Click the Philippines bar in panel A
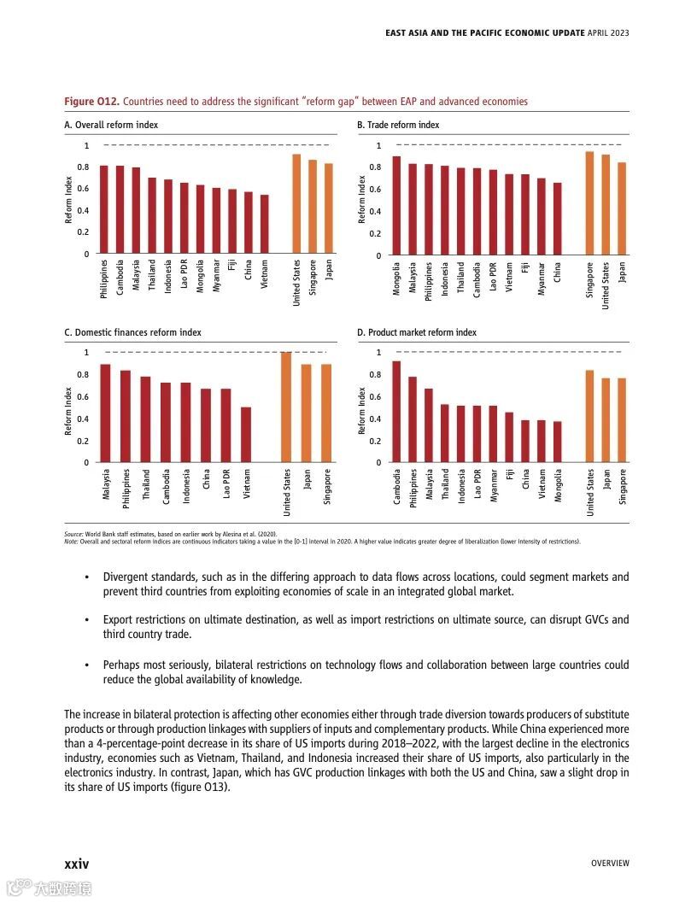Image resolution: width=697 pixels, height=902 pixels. [x=104, y=209]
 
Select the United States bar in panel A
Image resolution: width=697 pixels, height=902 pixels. [x=296, y=204]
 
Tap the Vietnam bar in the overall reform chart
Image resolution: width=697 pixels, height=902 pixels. [x=264, y=224]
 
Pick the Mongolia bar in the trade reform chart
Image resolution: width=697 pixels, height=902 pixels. [x=396, y=206]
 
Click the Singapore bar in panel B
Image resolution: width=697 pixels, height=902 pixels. [x=589, y=203]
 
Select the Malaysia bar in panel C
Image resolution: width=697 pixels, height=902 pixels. [x=105, y=413]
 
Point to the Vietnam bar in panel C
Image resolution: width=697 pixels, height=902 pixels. [x=246, y=435]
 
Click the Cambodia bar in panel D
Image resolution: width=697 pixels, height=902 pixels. [x=396, y=412]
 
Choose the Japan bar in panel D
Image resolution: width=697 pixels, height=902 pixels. [x=606, y=420]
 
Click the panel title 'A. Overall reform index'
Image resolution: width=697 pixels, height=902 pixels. [x=111, y=125]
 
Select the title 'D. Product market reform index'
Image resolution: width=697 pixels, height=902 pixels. [x=417, y=332]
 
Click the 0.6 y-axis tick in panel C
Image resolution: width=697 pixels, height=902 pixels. [x=84, y=397]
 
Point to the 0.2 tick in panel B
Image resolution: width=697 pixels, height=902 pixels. [x=377, y=233]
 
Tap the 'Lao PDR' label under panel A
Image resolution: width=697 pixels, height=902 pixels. [x=184, y=277]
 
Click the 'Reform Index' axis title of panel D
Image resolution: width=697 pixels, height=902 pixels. [x=362, y=410]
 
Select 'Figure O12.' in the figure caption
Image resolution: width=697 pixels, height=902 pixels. [x=91, y=102]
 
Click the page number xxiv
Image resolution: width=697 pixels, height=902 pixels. [x=76, y=864]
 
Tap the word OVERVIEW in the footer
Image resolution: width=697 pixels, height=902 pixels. [x=610, y=864]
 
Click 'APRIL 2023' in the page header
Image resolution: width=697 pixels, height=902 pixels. [x=608, y=33]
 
